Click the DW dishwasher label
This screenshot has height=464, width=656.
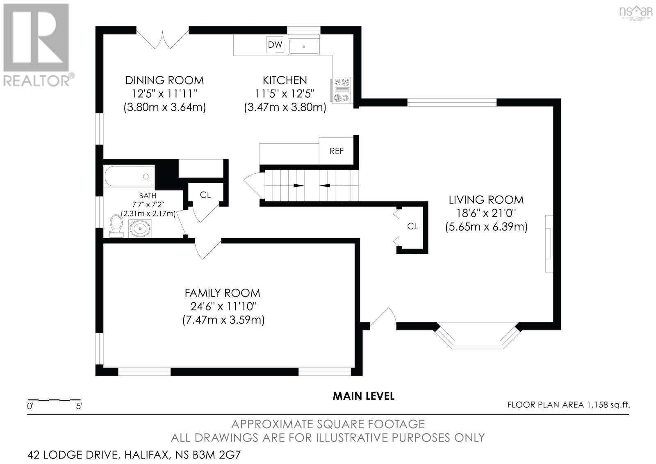coord(275,45)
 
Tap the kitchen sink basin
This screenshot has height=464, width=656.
coord(304,47)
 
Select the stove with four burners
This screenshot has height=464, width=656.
coord(342,90)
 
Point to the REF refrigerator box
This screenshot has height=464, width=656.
coord(336,151)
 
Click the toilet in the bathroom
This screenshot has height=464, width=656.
coord(116,226)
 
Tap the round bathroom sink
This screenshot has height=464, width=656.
coord(140,228)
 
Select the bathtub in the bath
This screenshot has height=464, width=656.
coord(129,176)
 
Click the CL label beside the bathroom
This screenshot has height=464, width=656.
coord(205,195)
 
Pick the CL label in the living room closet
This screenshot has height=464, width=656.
coord(412,226)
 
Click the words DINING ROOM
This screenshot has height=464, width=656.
coord(164,80)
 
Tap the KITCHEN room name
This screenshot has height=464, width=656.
coord(285,80)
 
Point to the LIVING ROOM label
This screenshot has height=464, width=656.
coord(486,200)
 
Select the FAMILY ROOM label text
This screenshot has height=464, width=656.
coord(222,293)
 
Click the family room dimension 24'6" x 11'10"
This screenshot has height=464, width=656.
coord(223,306)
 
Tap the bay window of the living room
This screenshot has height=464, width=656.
coord(477,336)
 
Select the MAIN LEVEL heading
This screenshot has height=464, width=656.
coord(363,396)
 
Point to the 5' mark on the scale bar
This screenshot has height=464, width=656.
coord(79,406)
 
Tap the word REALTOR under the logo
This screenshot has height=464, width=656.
coord(36,80)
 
